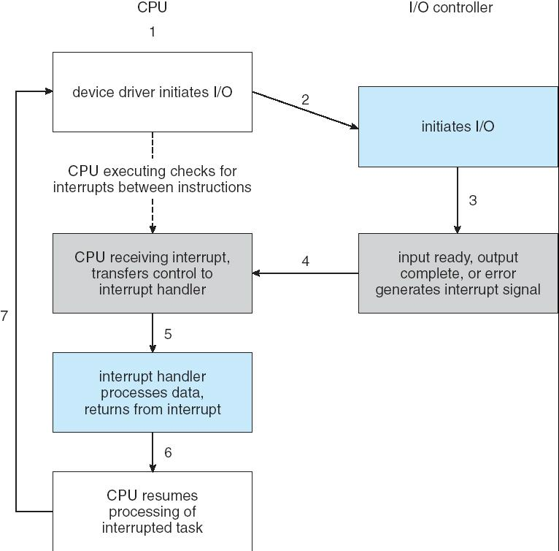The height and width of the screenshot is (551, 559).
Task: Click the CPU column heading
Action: (152, 8)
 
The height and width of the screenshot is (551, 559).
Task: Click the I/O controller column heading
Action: (450, 8)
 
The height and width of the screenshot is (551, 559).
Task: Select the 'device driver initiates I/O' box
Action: (152, 92)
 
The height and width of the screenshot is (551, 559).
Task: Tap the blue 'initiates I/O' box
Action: (458, 126)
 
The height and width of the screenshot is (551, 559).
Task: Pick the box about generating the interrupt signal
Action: (458, 273)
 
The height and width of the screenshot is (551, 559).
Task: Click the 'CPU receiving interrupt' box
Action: (152, 273)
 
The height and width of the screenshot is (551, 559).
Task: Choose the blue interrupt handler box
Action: (152, 392)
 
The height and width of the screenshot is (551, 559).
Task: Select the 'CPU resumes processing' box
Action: (152, 511)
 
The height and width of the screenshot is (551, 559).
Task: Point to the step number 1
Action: (153, 32)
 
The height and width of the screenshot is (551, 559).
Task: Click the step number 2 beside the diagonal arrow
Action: (305, 99)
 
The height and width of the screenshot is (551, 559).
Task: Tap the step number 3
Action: (473, 200)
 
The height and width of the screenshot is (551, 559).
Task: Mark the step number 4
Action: (305, 261)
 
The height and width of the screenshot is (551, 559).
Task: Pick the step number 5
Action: (168, 334)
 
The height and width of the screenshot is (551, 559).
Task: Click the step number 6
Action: (168, 453)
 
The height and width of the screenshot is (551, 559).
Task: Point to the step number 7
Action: (4, 316)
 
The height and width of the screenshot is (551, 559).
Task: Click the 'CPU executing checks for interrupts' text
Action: (152, 179)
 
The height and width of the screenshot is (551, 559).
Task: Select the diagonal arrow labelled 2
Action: (305, 110)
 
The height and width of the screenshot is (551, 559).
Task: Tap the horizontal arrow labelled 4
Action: (305, 273)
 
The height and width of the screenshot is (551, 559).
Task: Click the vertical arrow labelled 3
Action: (458, 200)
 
